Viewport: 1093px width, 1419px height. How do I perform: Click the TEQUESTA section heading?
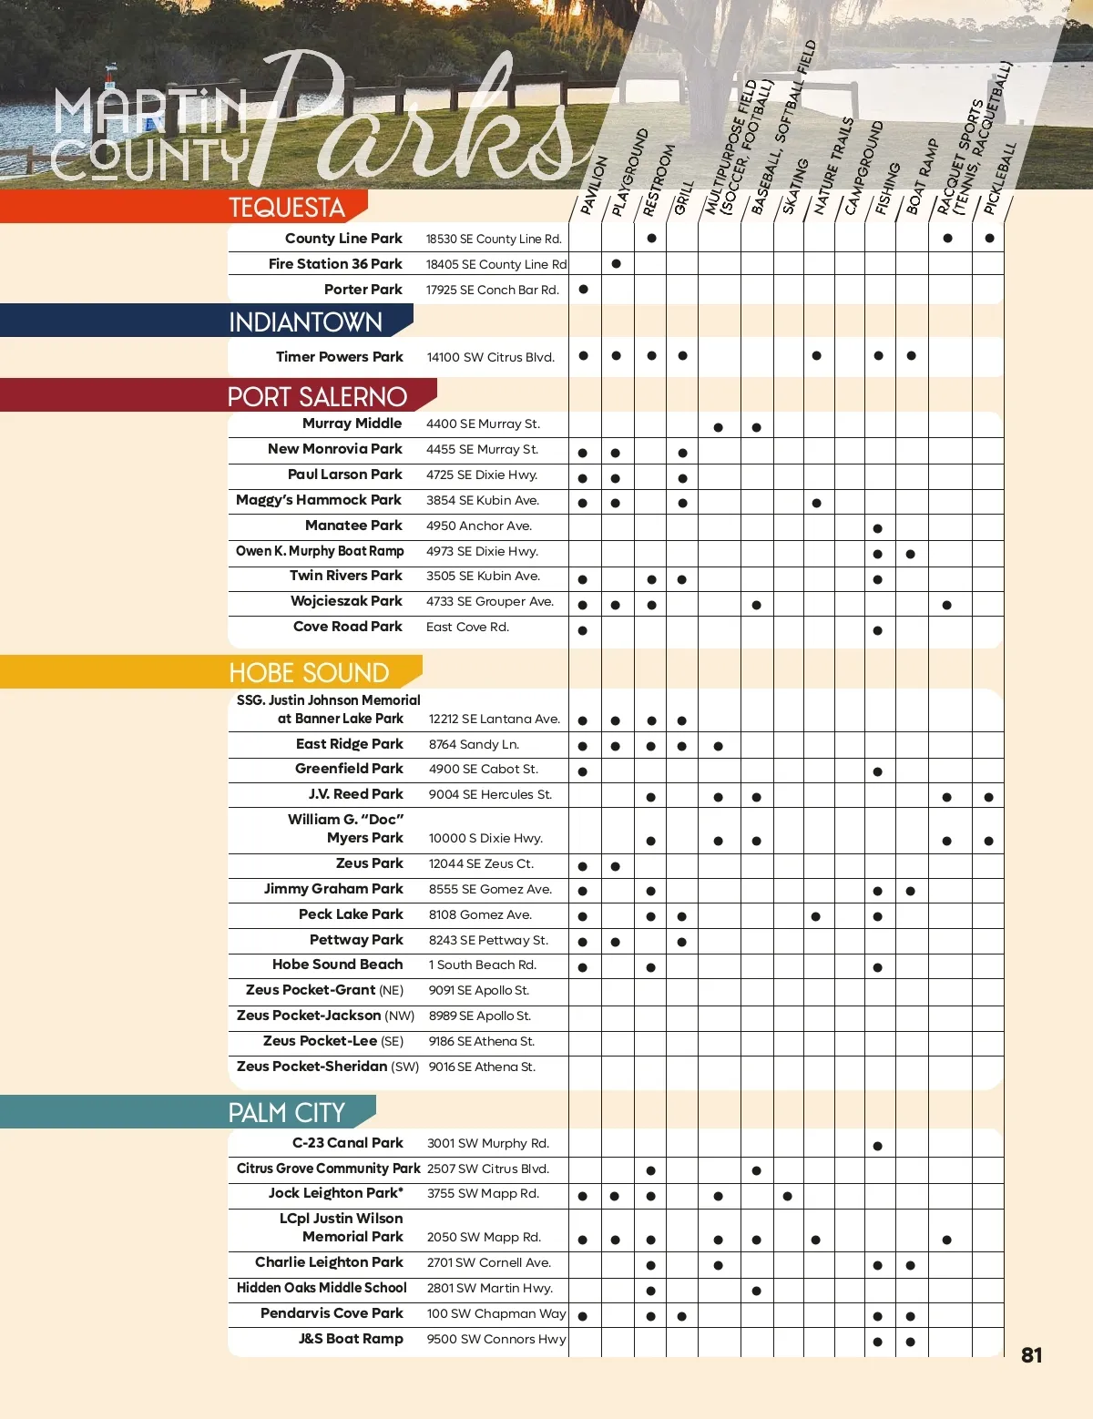[x=287, y=208]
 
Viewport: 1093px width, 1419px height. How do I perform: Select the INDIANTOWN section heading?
[x=305, y=322]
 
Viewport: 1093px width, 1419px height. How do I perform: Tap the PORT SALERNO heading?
[x=317, y=397]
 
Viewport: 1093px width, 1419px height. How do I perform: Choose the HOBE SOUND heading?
[x=309, y=673]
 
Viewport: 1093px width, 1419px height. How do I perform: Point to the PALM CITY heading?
[x=286, y=1113]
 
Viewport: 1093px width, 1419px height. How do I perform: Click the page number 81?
[x=1031, y=1355]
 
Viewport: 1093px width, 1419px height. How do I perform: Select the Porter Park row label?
[x=363, y=290]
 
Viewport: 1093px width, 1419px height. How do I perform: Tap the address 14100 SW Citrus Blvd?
[x=490, y=357]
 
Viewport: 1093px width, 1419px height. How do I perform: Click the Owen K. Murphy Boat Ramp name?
[x=320, y=551]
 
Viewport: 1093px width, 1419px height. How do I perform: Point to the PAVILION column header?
[x=594, y=185]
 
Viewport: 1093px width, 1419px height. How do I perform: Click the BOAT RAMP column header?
[x=922, y=177]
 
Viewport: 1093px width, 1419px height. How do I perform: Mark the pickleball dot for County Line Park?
[x=989, y=239]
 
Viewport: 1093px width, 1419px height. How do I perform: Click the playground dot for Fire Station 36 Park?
[x=617, y=264]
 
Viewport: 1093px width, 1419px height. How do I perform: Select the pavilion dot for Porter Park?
[x=584, y=290]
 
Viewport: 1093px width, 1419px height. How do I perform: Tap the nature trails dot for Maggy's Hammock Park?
[x=817, y=503]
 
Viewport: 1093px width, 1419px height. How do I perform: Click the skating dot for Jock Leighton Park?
[x=788, y=1196]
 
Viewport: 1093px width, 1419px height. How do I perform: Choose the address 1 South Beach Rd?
[x=482, y=965]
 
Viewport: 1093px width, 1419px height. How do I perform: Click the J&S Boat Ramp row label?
[x=351, y=1339]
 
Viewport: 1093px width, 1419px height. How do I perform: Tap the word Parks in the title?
[x=428, y=118]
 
